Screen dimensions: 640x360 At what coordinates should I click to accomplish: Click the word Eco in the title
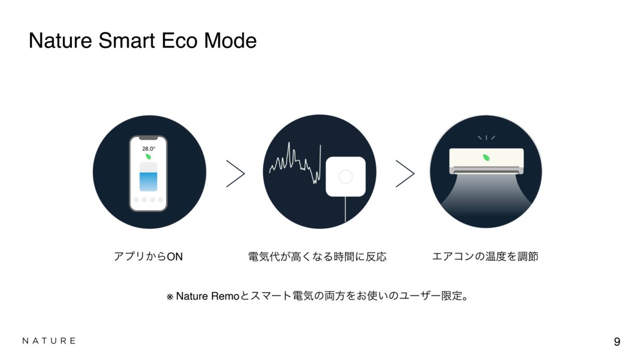[179, 41]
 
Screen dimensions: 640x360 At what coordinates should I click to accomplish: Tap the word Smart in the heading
[126, 41]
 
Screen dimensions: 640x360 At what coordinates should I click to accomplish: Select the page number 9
[617, 342]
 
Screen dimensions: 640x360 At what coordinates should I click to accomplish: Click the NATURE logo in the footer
[49, 341]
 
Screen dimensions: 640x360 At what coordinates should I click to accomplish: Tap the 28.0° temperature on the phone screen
[149, 149]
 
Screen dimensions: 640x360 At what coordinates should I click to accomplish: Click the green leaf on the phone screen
[148, 157]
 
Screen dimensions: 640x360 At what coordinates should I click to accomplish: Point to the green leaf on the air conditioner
[486, 157]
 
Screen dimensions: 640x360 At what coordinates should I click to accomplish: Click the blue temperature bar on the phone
[148, 181]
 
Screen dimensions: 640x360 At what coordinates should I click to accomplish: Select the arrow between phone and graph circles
[235, 174]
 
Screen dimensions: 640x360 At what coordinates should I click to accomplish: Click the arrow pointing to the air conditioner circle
[405, 174]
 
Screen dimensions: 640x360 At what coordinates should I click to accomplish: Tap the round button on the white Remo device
[346, 177]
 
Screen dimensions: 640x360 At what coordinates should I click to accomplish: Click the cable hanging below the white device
[345, 209]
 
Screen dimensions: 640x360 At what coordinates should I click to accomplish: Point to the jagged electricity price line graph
[295, 163]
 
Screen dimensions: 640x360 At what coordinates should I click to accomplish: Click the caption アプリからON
[148, 257]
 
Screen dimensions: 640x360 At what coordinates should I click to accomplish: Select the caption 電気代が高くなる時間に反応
[317, 257]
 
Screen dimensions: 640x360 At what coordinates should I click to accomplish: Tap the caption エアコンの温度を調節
[485, 257]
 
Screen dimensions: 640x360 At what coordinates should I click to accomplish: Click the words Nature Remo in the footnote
[207, 297]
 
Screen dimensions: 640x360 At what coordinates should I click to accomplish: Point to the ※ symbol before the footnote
[170, 297]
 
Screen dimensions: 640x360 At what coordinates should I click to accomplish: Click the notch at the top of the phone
[148, 138]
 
